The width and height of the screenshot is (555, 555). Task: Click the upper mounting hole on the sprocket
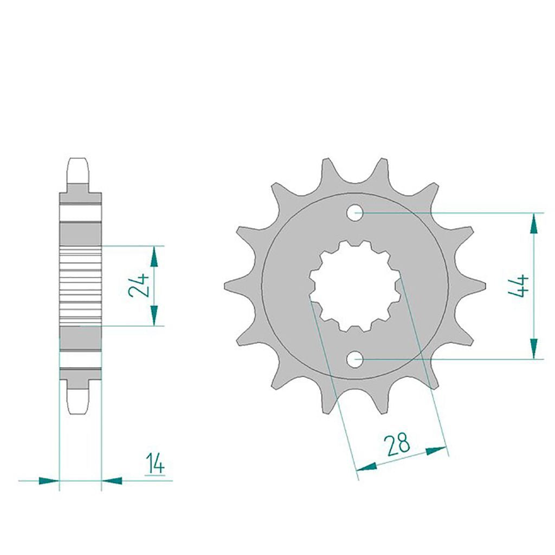point(355,213)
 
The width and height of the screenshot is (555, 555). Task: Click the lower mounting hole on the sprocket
point(355,360)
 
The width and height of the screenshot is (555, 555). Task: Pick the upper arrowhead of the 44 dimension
point(534,223)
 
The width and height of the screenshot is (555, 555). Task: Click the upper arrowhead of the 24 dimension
point(154,256)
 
